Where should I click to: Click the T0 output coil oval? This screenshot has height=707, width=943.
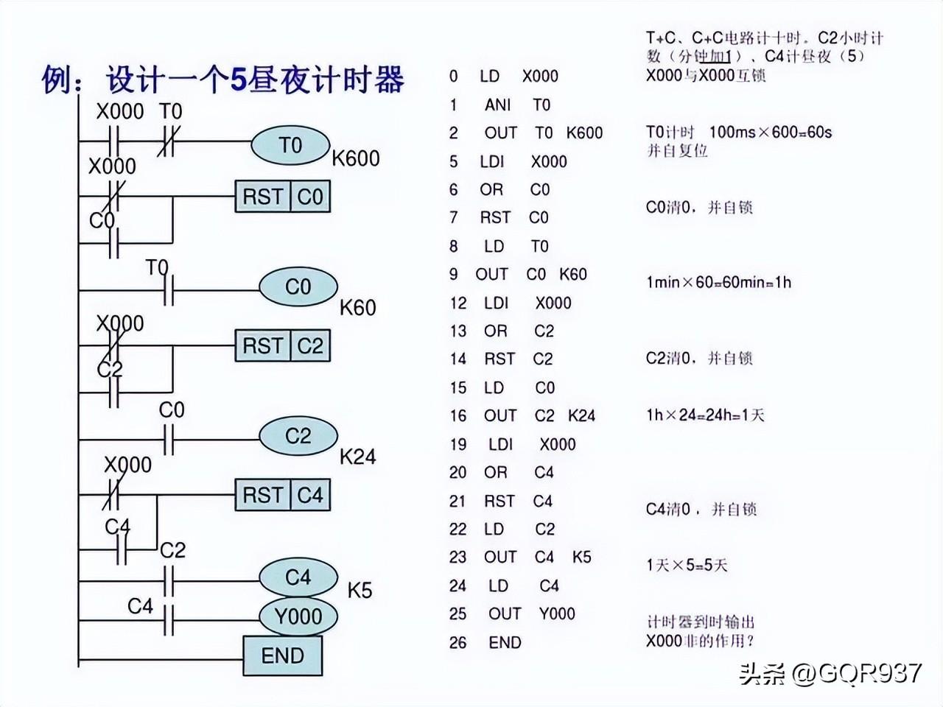[x=290, y=146]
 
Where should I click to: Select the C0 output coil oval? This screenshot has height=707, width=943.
[x=298, y=286]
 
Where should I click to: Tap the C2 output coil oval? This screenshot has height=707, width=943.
[x=298, y=436]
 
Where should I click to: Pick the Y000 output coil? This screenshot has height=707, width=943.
[x=298, y=616]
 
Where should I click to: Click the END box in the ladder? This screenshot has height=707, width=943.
[x=283, y=655]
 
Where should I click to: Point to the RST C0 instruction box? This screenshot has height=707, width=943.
[x=283, y=197]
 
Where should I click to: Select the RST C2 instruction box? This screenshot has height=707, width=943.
[x=283, y=345]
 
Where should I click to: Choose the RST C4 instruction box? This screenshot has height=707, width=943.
[x=283, y=495]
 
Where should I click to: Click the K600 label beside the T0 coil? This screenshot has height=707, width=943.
[x=356, y=158]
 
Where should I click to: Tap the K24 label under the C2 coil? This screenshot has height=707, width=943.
[x=358, y=457]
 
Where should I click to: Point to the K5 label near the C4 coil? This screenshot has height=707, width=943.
[x=360, y=590]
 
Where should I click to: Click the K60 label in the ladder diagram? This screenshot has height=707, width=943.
[x=358, y=307]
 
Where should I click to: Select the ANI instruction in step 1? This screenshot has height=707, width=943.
[x=497, y=105]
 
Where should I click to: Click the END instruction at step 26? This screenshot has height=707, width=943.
[x=505, y=642]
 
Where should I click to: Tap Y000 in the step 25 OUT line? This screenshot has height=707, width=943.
[x=557, y=613]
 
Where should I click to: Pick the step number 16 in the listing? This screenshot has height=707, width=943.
[x=458, y=416]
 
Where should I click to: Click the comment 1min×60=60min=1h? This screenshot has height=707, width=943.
[x=718, y=282]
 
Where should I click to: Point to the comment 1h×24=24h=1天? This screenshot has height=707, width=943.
[x=705, y=415]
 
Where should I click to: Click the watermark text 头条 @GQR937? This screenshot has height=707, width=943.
[x=830, y=672]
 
